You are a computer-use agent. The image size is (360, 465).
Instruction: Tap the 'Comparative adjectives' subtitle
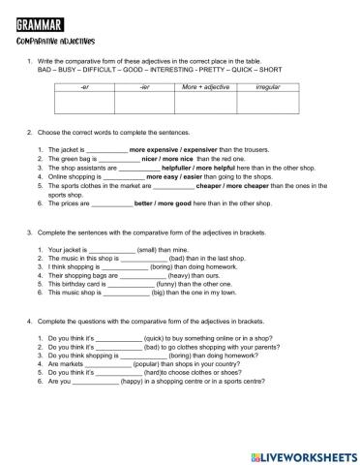(53, 42)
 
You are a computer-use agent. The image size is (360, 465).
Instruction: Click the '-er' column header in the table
(85, 87)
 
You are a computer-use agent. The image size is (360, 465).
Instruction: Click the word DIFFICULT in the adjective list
(98, 71)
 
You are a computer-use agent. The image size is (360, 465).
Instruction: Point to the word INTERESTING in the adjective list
(170, 71)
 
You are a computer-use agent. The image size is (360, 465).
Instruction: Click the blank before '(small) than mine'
(108, 249)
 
